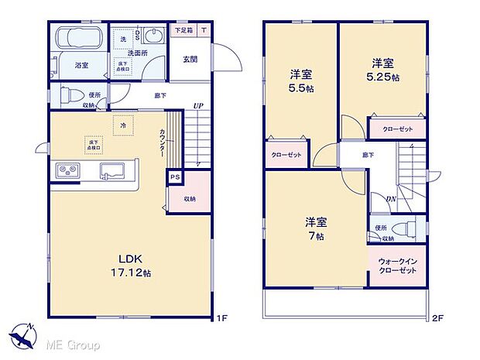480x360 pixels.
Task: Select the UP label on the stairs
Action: point(198,106)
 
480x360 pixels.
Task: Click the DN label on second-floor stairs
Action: point(393,199)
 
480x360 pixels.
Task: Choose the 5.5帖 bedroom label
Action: point(301,81)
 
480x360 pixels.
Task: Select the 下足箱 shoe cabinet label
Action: point(183,30)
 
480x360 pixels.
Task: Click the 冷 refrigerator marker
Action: point(121,123)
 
